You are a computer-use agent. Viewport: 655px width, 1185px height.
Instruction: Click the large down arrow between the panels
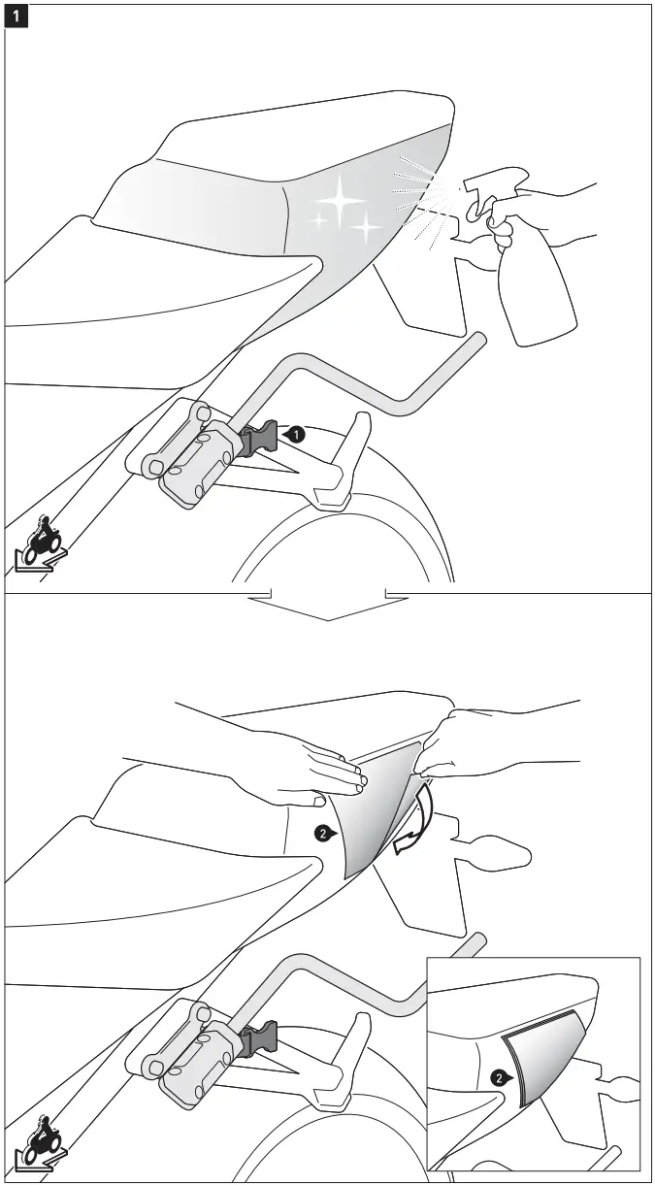[x=328, y=606]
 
